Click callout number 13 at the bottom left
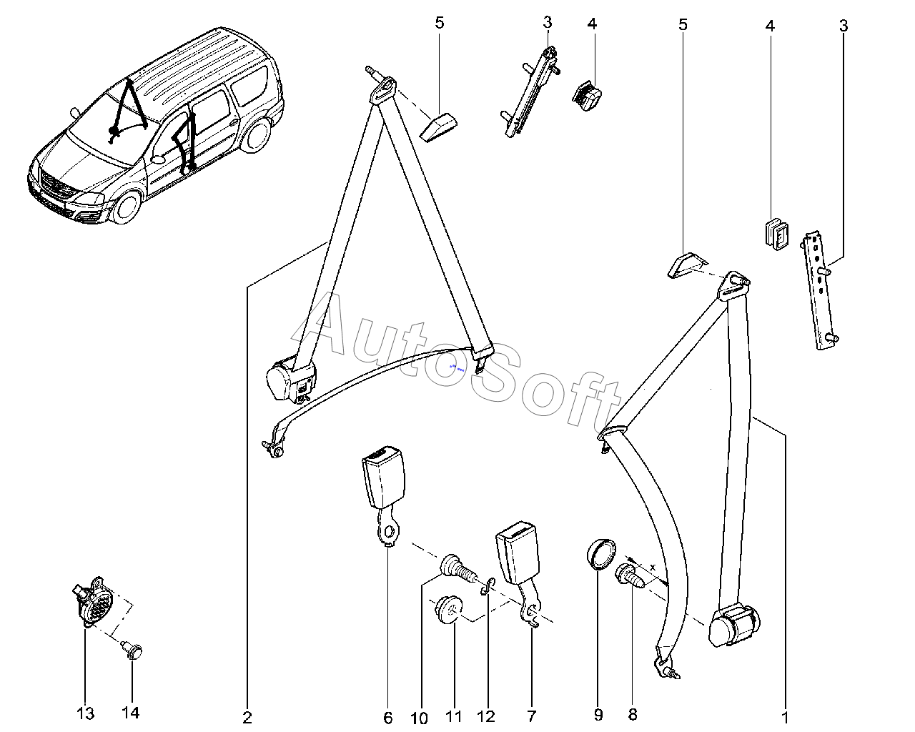pyautogui.click(x=85, y=713)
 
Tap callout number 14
pyautogui.click(x=131, y=713)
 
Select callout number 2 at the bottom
pyautogui.click(x=247, y=718)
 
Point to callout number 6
pyautogui.click(x=388, y=718)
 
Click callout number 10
pyautogui.click(x=420, y=718)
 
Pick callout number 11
pyautogui.click(x=455, y=718)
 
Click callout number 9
pyautogui.click(x=598, y=714)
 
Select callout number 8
pyautogui.click(x=632, y=714)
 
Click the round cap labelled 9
pyautogui.click(x=600, y=555)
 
